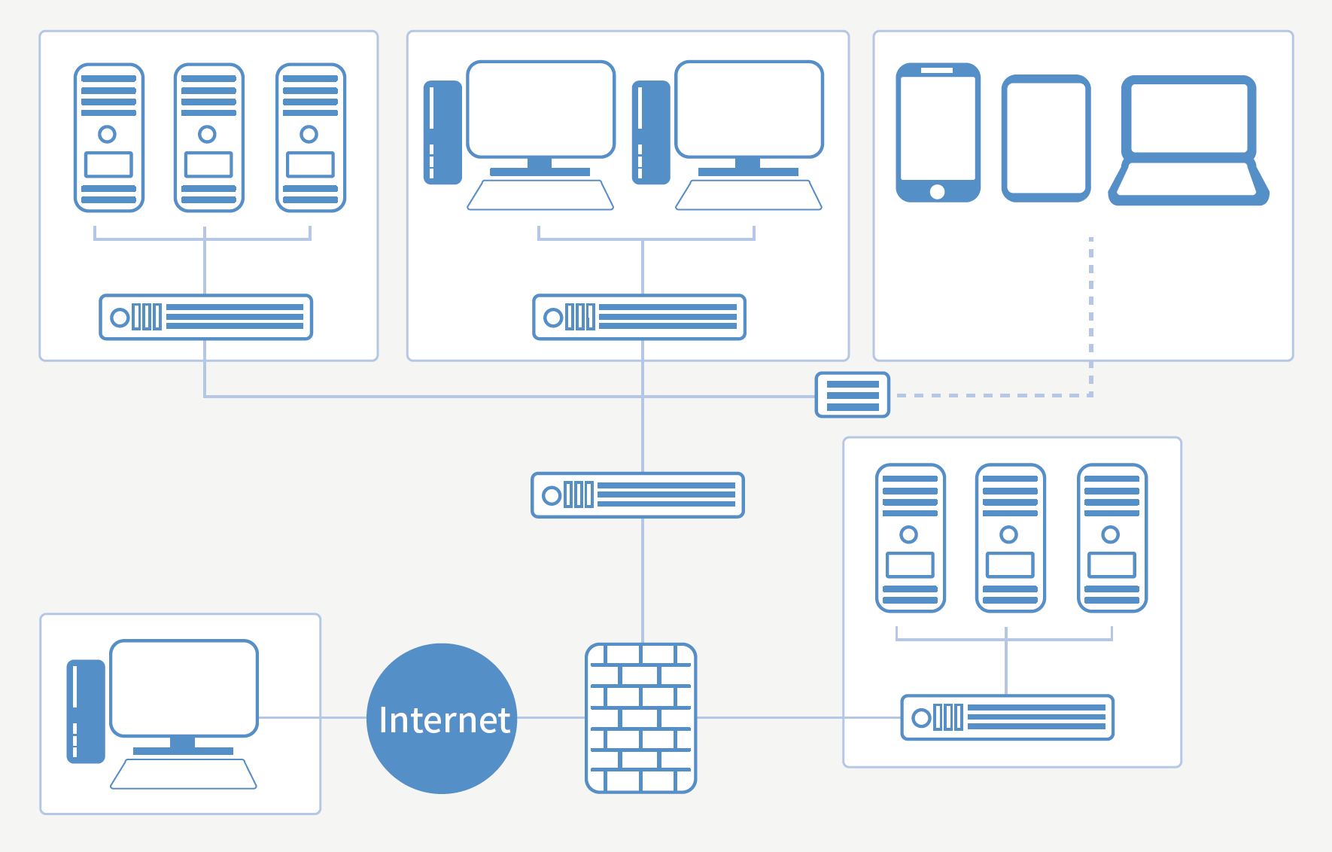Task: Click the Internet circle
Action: click(x=442, y=718)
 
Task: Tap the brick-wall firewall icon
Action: click(x=640, y=718)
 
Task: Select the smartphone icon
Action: click(x=938, y=132)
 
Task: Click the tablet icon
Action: click(x=1046, y=138)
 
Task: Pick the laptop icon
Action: click(x=1188, y=140)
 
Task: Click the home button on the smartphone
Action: click(x=937, y=191)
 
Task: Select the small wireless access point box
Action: click(x=853, y=395)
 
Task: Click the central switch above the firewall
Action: click(x=637, y=495)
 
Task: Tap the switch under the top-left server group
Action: click(x=205, y=317)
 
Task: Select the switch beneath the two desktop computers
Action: click(x=639, y=317)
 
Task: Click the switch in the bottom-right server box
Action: click(x=1007, y=717)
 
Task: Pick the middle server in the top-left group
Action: click(x=208, y=138)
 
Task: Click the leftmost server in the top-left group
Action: click(x=108, y=138)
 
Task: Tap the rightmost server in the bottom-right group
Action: click(x=1112, y=537)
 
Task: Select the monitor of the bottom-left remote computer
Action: click(x=184, y=688)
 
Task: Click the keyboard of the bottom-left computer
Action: click(x=184, y=774)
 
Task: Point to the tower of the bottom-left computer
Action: click(x=85, y=711)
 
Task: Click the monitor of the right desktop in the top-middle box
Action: click(x=749, y=110)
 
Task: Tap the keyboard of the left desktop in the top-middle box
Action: click(x=540, y=195)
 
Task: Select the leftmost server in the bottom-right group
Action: click(x=910, y=537)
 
